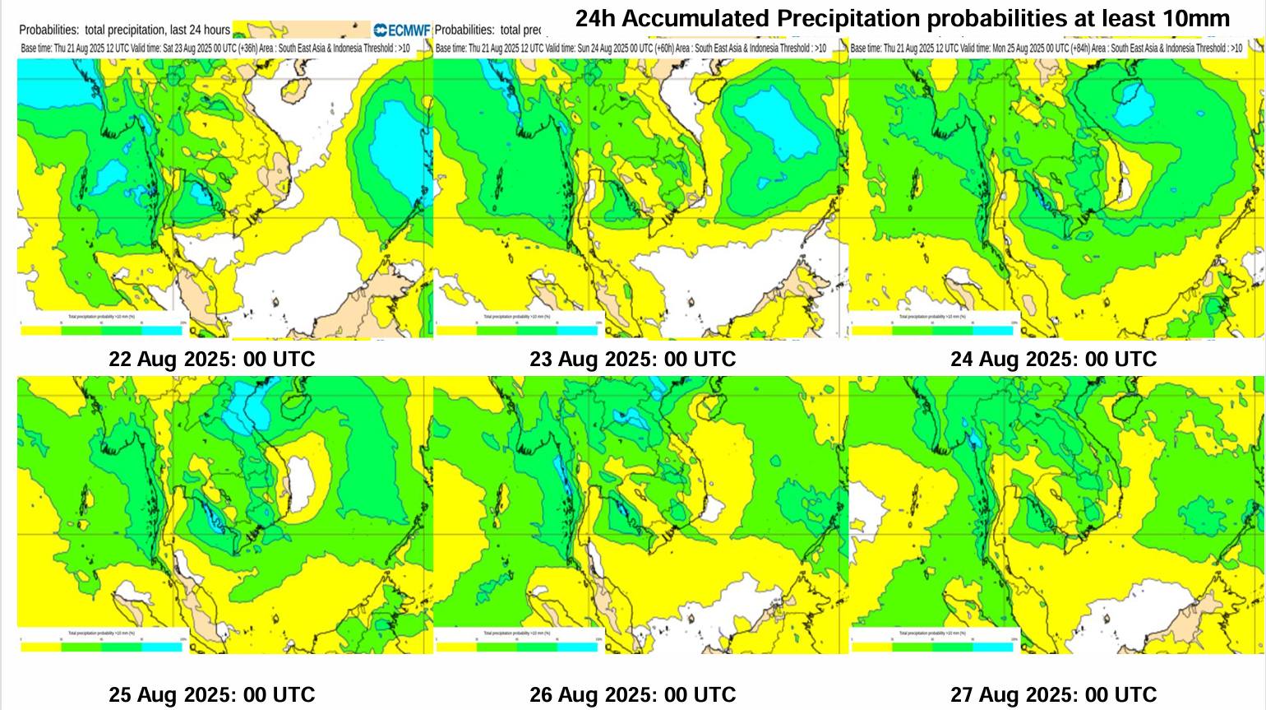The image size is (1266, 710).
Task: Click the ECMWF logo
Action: [x=402, y=30]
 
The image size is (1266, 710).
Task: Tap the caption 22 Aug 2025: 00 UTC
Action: [x=211, y=360]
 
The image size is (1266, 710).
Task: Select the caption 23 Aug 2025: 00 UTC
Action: [x=632, y=360]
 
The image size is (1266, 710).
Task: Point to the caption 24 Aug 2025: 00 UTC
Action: [x=1053, y=360]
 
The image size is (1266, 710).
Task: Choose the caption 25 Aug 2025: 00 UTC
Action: [x=211, y=695]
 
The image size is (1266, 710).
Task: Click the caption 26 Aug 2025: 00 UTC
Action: [x=632, y=695]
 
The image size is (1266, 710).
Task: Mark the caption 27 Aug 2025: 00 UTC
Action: [x=1053, y=695]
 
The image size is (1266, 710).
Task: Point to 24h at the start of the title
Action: [x=592, y=18]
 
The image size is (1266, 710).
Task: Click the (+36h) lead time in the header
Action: [x=248, y=49]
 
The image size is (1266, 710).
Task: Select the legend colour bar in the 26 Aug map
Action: [x=518, y=647]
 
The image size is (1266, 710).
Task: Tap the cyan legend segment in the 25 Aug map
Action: [x=162, y=647]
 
